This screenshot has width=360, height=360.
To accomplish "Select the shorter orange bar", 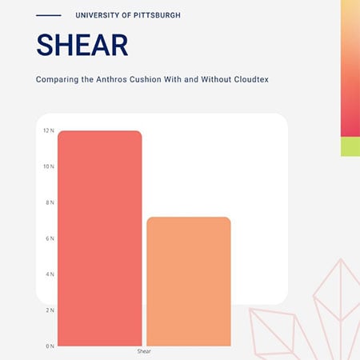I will pos(189,281).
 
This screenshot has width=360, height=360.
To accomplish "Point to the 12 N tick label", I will pos(48,130).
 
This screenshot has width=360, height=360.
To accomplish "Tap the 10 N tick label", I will pos(48,166).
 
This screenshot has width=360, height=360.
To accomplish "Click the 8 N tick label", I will pos(50,202).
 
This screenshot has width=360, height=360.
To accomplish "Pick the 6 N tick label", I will pos(50,238).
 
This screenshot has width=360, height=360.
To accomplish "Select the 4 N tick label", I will pos(50,274).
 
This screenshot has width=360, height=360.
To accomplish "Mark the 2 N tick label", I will pos(50,310).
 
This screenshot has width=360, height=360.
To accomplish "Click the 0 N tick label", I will pos(50,346).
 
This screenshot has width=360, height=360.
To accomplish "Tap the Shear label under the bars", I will pos(144,351).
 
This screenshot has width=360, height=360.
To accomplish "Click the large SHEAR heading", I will pos(82,45).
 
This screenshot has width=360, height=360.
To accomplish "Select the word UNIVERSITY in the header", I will pos(100,15).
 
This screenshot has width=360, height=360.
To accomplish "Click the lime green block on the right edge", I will pos(350,146).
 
